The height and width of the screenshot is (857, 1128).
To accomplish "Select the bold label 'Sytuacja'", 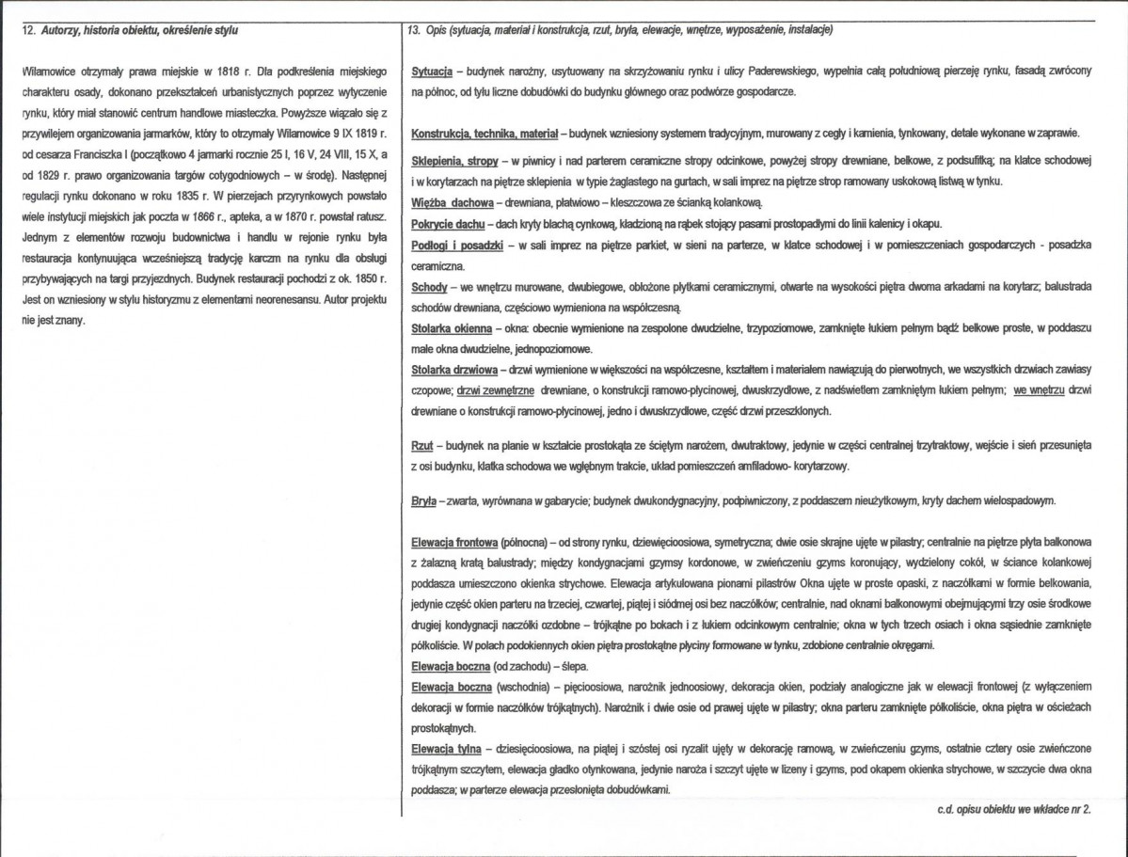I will coord(433,72).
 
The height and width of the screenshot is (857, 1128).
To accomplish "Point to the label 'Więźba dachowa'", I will coord(453,203).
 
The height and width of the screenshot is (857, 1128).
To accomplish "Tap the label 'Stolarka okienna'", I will coord(452,328).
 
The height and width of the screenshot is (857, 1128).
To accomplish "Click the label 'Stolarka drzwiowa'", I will coord(454,370).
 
